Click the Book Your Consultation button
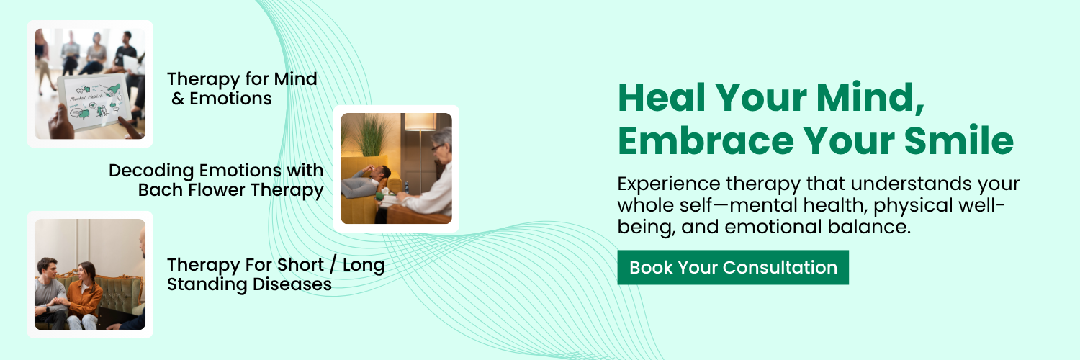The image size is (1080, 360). [733, 267]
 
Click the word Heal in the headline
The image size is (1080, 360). [662, 98]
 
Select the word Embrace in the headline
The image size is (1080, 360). [706, 140]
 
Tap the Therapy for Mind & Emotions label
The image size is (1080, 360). [242, 89]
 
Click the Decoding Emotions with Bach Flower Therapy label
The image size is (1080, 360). [216, 180]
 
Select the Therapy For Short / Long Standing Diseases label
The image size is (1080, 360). [275, 275]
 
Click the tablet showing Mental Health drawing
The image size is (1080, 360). [94, 103]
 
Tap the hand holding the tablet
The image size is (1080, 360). [60, 122]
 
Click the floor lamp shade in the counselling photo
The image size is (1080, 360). [420, 122]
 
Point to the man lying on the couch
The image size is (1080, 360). [366, 181]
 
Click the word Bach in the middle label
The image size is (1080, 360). [161, 190]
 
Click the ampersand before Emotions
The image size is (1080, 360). [178, 99]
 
